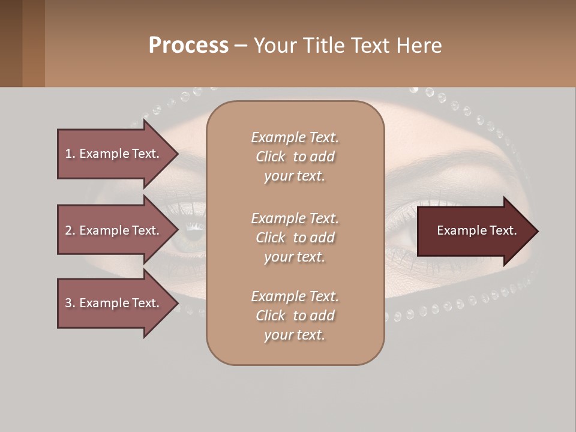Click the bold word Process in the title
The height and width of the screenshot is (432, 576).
pos(188,46)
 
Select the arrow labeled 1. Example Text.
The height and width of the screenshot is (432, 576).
pos(112,154)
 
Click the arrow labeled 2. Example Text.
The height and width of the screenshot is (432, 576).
pos(112,230)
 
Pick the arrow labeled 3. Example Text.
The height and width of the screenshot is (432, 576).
pos(112,303)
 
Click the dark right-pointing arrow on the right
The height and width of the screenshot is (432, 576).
pos(476,231)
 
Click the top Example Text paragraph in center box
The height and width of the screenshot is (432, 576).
pos(295,157)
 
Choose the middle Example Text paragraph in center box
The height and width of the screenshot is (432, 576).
pos(295,237)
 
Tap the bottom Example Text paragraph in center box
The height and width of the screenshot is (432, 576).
pos(295,316)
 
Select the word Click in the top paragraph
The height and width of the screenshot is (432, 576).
pos(271,157)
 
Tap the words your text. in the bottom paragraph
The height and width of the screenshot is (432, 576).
pos(295,335)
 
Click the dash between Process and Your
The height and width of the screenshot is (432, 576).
pos(241,46)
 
